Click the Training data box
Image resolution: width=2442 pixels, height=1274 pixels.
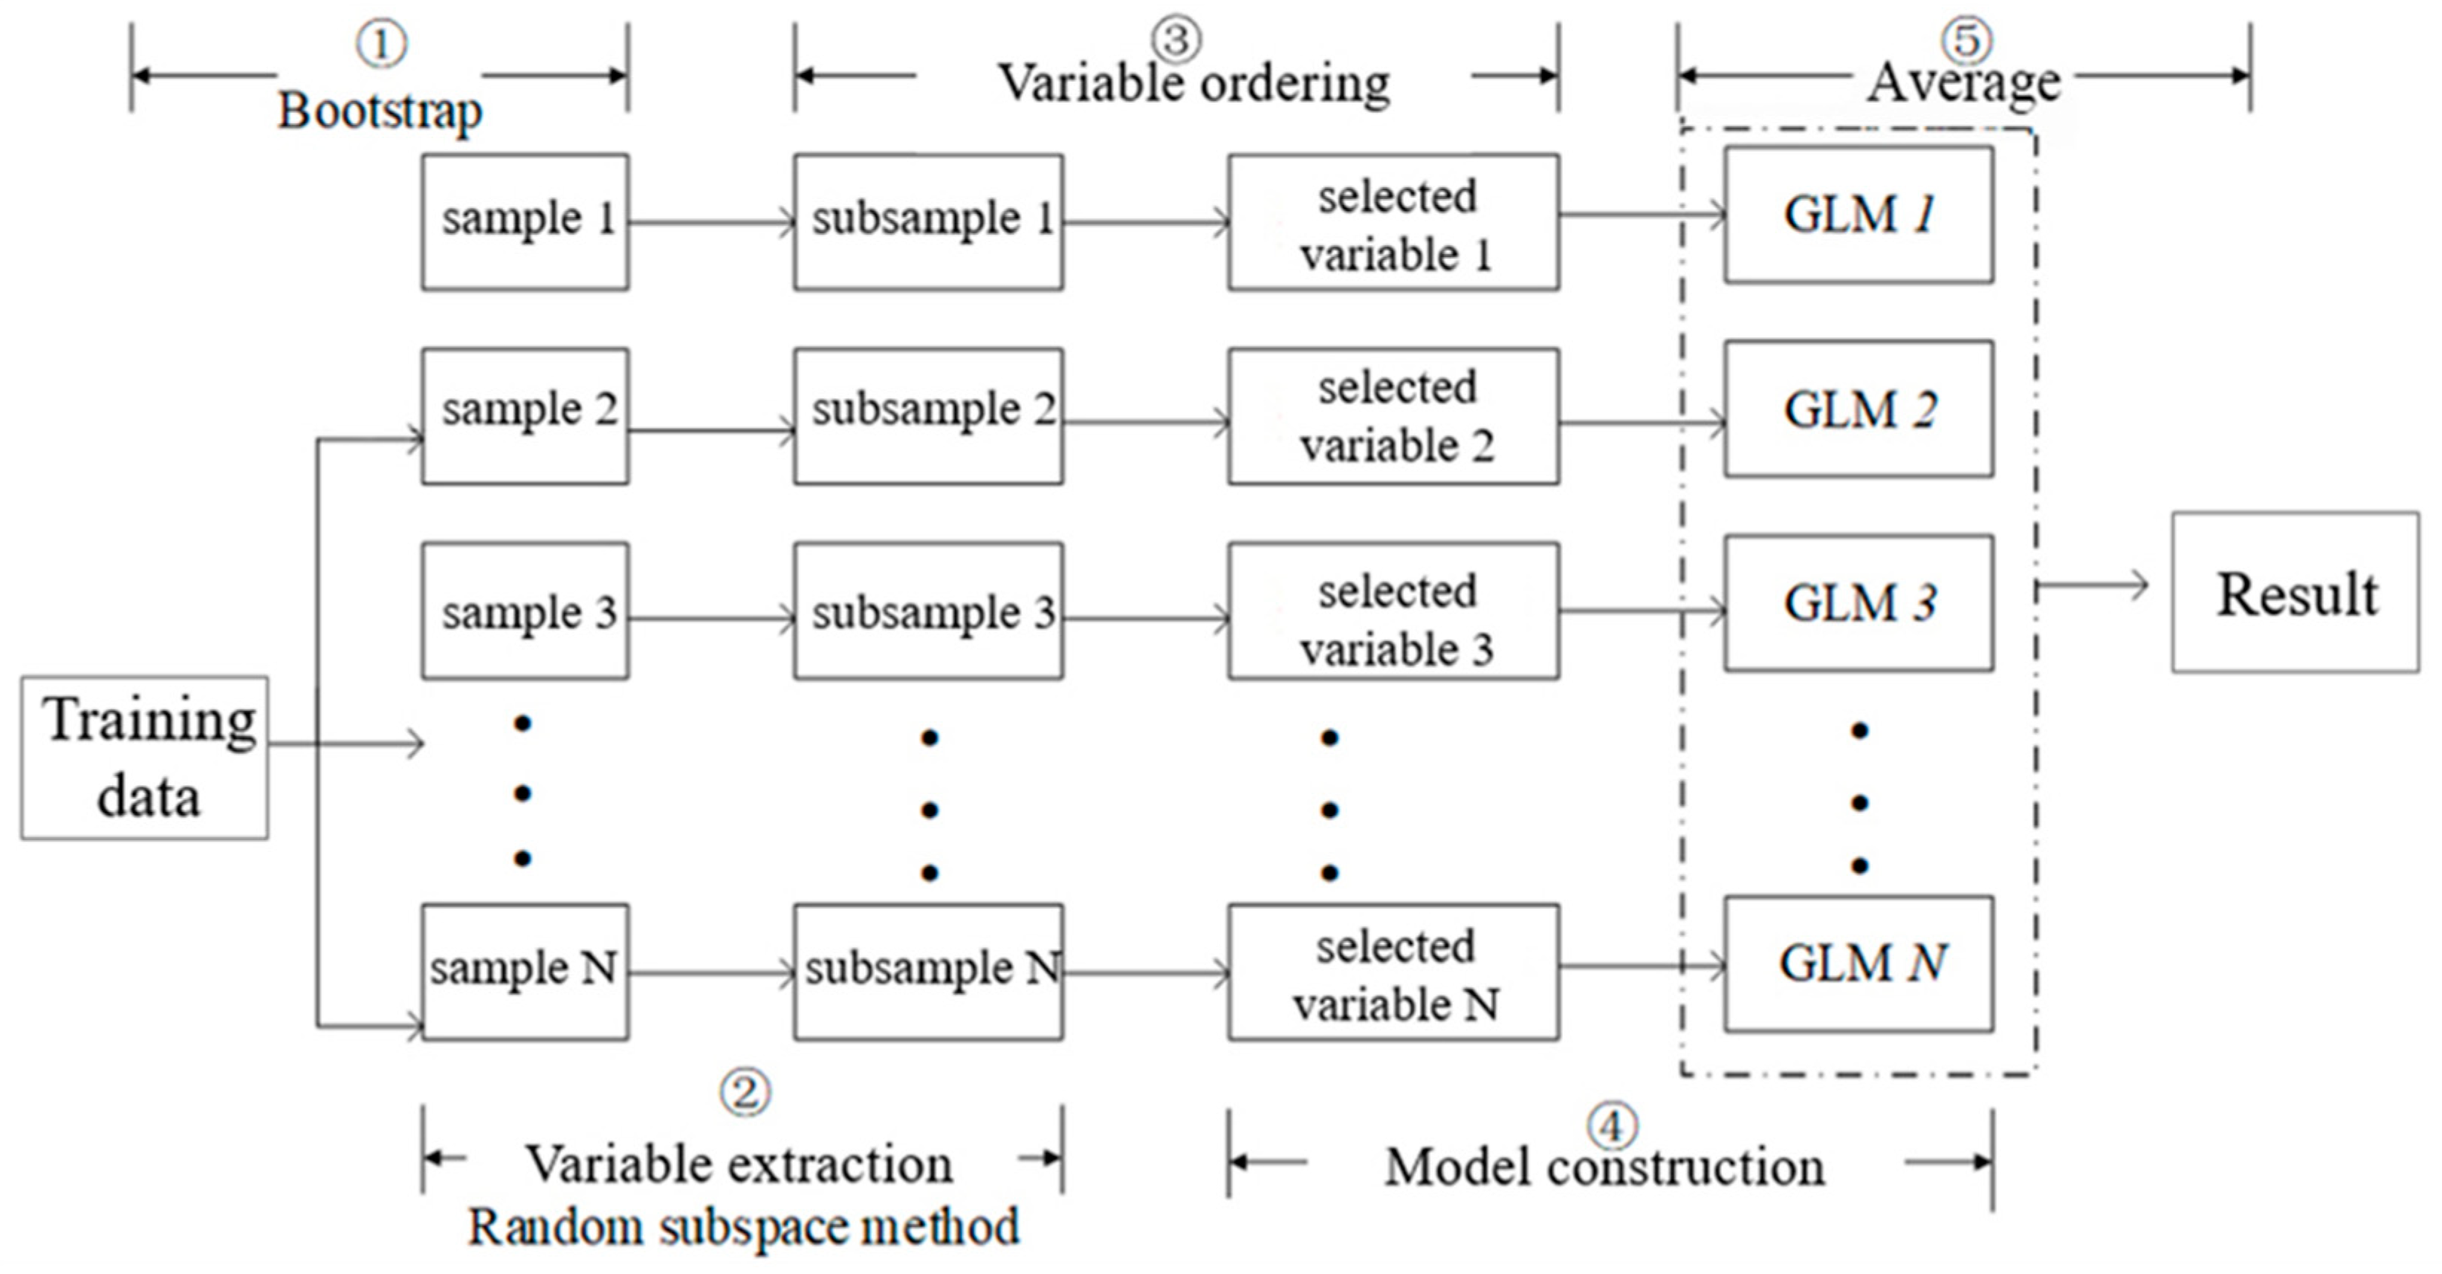click(x=144, y=758)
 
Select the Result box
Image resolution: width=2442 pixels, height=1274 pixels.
click(x=2294, y=593)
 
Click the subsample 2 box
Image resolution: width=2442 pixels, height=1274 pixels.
click(x=928, y=415)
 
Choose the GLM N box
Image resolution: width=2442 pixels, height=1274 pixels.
click(x=1858, y=963)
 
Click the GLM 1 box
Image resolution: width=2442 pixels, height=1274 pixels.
click(x=1858, y=214)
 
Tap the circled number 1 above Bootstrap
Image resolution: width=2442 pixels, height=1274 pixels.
click(x=381, y=44)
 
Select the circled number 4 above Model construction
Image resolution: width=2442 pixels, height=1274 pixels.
click(x=1612, y=1125)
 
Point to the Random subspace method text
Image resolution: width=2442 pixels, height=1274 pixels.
click(x=743, y=1226)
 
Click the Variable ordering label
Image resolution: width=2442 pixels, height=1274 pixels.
click(x=1194, y=83)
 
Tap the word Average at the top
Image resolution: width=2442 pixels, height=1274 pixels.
click(x=1964, y=83)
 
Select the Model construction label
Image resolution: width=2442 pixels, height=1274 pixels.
click(x=1604, y=1166)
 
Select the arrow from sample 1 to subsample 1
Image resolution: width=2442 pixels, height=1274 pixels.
click(x=711, y=223)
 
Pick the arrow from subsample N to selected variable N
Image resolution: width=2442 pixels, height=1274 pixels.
click(x=1145, y=972)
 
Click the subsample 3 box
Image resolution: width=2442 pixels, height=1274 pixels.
click(x=928, y=611)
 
